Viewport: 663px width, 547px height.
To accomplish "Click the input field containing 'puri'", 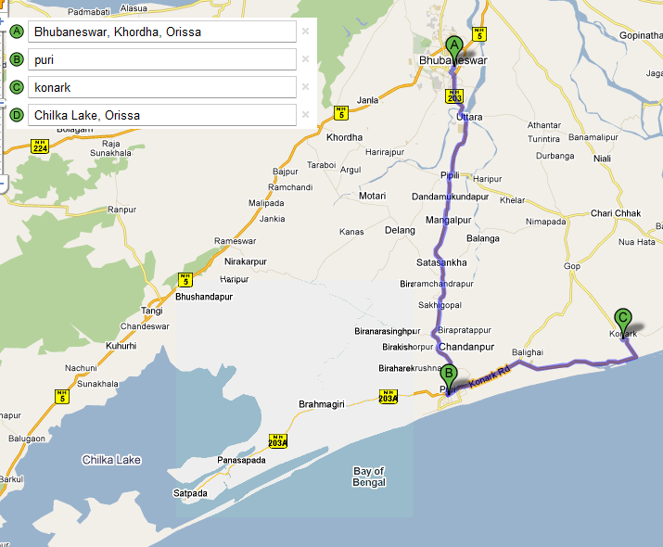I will pos(161,59).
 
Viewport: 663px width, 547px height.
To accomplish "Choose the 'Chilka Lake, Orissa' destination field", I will pos(161,115).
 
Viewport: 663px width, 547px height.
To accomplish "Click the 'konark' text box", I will pos(161,87).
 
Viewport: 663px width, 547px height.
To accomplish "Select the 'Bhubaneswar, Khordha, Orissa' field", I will pos(161,32).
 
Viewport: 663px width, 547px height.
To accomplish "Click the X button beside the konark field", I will pos(306,87).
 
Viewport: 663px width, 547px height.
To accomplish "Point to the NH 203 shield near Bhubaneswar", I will pos(454,95).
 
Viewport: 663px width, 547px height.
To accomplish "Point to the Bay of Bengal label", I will pos(369,477).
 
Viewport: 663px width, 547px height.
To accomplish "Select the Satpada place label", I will pos(190,492).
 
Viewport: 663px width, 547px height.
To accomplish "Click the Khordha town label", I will pos(345,137).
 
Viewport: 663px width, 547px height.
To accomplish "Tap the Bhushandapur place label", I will pos(203,298).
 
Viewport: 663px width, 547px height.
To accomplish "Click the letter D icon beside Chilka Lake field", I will pos(17,115).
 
